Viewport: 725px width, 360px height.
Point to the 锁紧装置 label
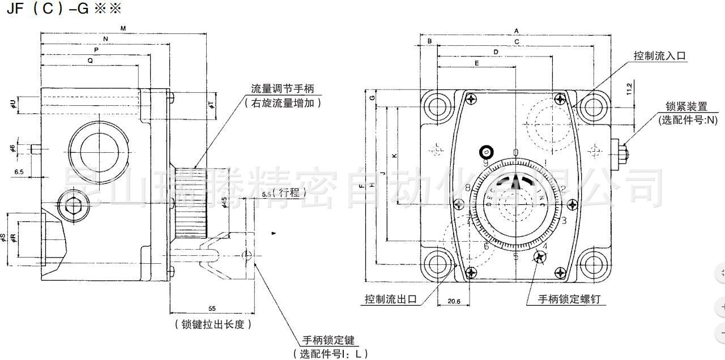pos(686,106)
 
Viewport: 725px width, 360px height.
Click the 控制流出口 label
pos(391,299)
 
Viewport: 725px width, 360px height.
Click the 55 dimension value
pos(212,308)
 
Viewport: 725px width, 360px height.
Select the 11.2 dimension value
pos(629,89)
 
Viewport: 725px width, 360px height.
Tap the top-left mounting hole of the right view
pos(438,106)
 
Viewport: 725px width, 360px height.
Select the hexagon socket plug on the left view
pos(73,208)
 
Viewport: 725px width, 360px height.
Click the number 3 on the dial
pos(564,220)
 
